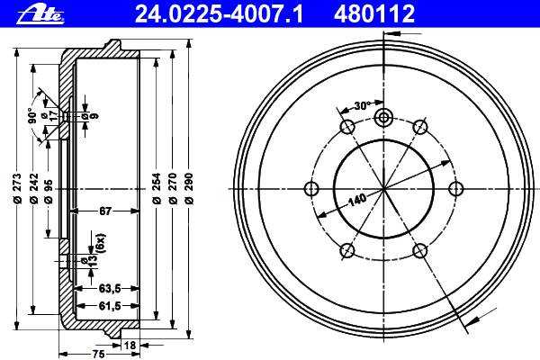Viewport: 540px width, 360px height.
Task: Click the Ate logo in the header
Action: pos(40,14)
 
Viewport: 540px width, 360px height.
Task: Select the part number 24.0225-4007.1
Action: pos(219,14)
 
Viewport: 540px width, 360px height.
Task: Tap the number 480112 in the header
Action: pos(374,14)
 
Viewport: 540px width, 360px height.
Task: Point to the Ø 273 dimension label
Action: pos(17,188)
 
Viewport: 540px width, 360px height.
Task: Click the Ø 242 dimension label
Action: pos(34,188)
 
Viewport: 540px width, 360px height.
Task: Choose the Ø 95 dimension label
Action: pos(49,192)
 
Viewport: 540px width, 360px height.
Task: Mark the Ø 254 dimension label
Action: pos(156,188)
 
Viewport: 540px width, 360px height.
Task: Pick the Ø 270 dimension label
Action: pos(173,188)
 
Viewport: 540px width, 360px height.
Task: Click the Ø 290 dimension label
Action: pos(189,188)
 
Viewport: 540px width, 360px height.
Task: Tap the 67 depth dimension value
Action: pos(105,211)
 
